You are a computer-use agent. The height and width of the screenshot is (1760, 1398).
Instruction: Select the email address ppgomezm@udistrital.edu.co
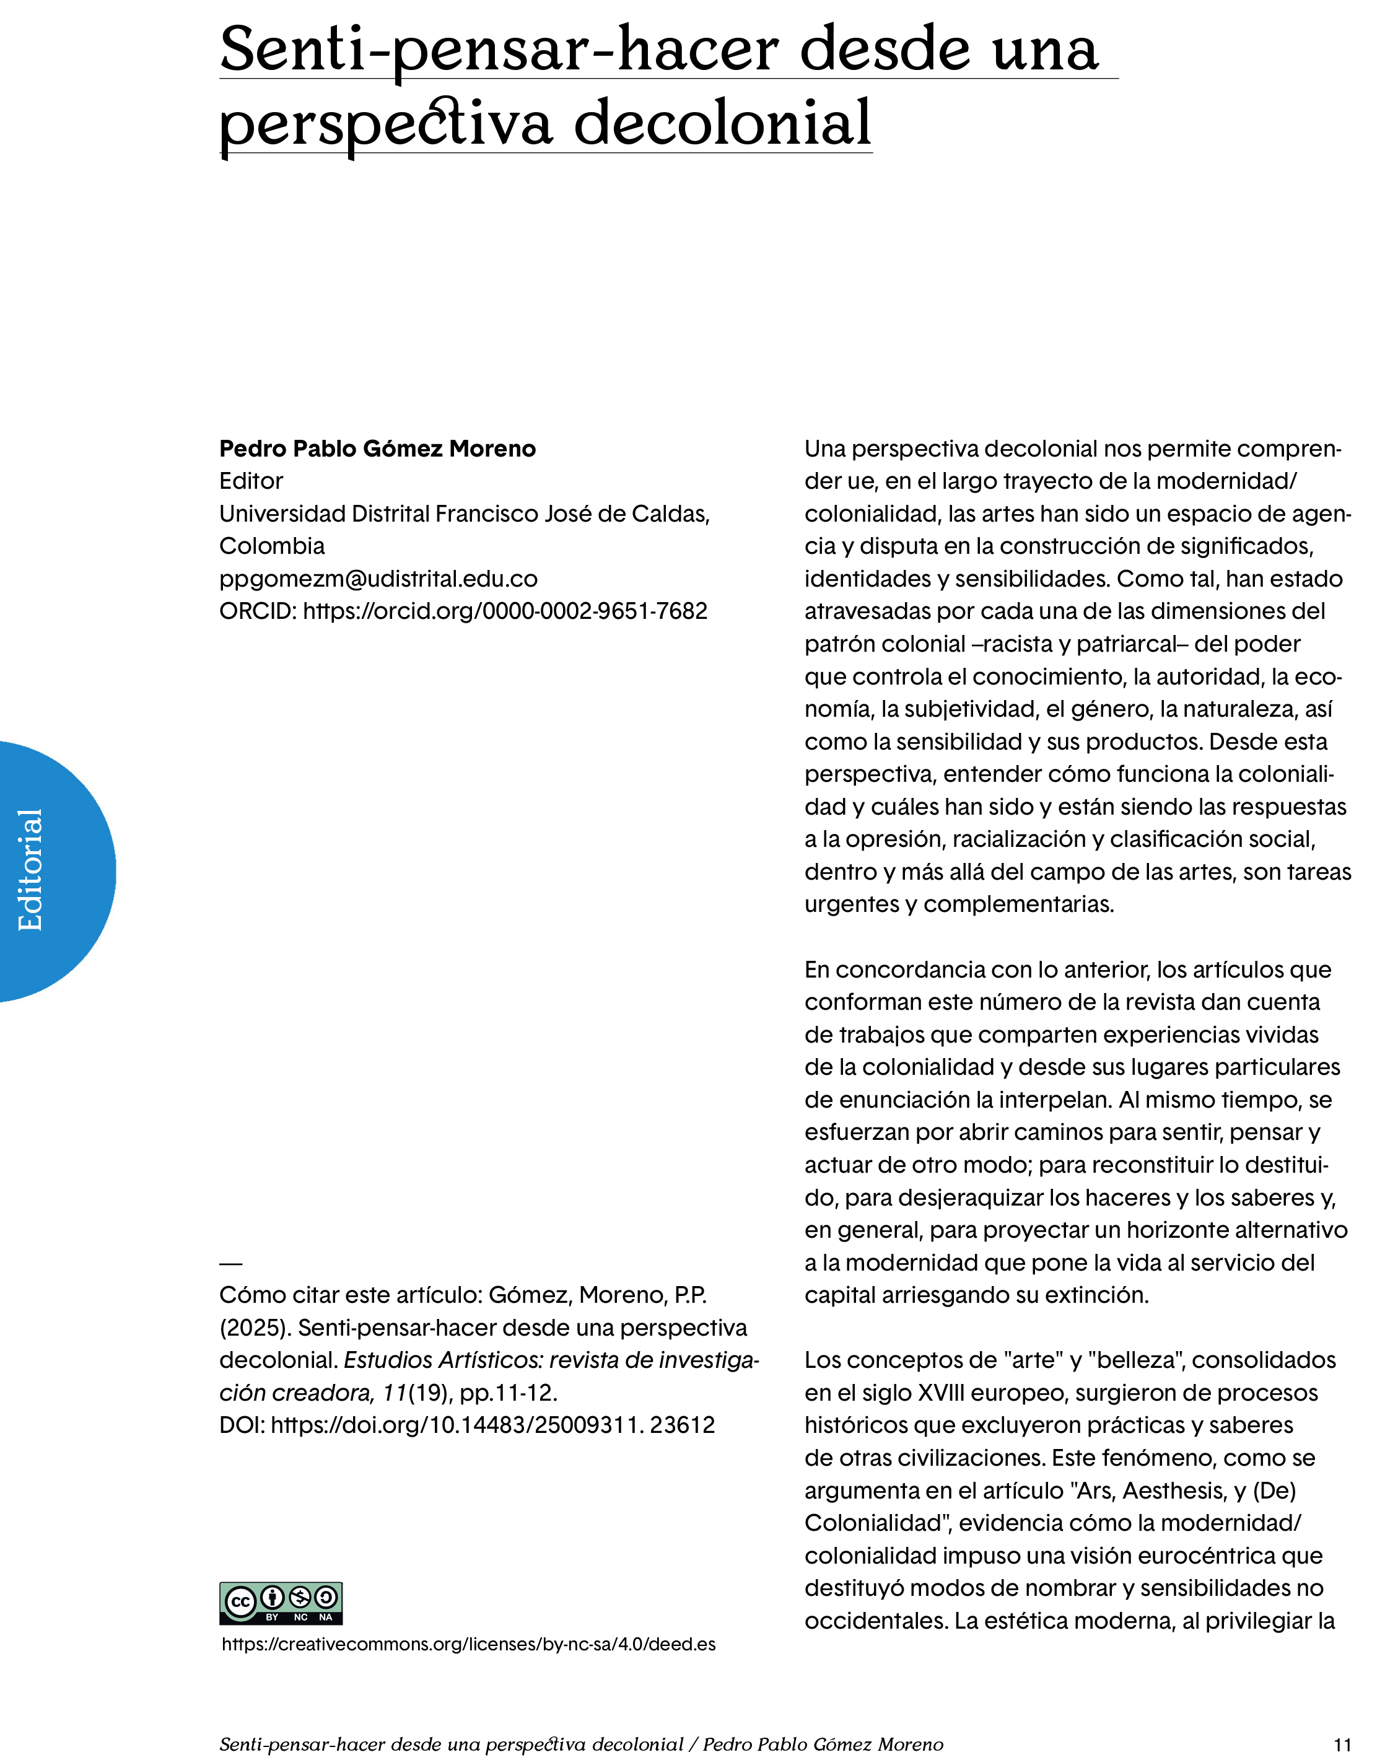(x=378, y=578)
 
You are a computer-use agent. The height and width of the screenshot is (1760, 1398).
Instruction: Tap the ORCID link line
(x=463, y=611)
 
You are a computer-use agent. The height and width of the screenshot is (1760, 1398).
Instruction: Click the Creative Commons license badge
(x=281, y=1603)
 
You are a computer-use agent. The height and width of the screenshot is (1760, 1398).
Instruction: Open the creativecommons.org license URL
(x=468, y=1644)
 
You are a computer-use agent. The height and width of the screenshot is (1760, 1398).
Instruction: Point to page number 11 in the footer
(x=1342, y=1745)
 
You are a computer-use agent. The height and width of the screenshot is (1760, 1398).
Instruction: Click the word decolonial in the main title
(x=722, y=123)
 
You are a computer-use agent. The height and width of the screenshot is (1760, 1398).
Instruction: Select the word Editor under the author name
(x=250, y=481)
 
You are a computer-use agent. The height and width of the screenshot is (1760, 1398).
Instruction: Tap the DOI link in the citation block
(x=492, y=1424)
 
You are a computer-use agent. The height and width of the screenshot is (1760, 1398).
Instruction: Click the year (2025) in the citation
(x=255, y=1328)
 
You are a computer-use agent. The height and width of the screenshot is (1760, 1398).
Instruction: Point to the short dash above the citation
(x=231, y=1264)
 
